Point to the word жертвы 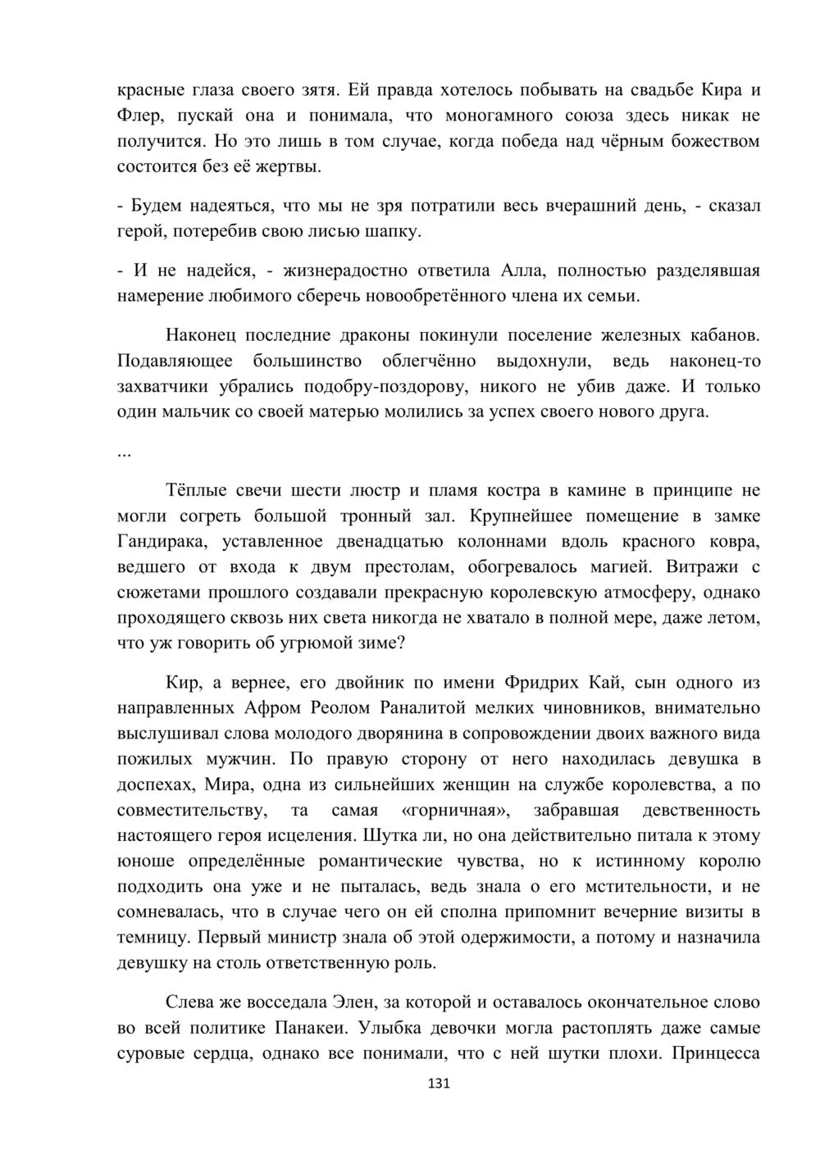click(289, 166)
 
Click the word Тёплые click(196, 490)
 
